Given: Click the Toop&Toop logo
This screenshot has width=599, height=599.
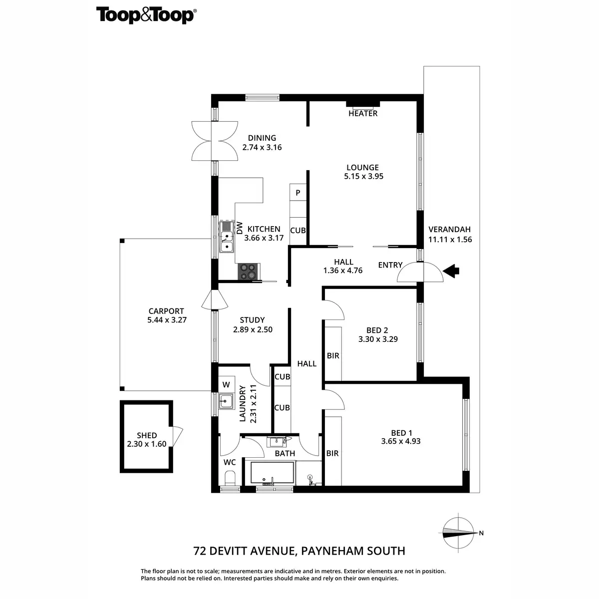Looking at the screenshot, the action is (145, 15).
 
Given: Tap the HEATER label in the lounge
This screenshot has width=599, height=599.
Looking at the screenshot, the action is (363, 113).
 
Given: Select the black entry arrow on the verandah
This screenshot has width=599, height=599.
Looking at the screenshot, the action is (452, 271).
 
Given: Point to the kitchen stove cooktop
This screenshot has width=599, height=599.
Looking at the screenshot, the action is (249, 271).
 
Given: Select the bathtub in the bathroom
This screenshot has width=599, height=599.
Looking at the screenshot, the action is (272, 472).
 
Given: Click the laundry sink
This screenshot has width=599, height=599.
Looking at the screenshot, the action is (227, 400).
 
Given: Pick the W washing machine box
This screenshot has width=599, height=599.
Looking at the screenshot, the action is (226, 384).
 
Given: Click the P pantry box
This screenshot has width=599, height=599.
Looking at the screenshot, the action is (298, 193).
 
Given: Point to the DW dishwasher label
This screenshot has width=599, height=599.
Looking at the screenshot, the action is (240, 228).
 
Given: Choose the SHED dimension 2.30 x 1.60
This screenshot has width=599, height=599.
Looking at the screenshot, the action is (147, 444).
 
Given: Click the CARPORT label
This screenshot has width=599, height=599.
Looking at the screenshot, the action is (166, 311).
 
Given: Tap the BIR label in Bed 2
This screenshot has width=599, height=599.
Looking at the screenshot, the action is (333, 356).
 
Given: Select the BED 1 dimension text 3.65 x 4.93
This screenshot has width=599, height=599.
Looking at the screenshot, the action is (401, 441).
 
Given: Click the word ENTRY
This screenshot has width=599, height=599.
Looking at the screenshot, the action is (390, 265).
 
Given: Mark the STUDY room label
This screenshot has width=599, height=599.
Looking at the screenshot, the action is (252, 320).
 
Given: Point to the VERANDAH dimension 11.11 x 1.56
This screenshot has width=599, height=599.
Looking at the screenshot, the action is (450, 239).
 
